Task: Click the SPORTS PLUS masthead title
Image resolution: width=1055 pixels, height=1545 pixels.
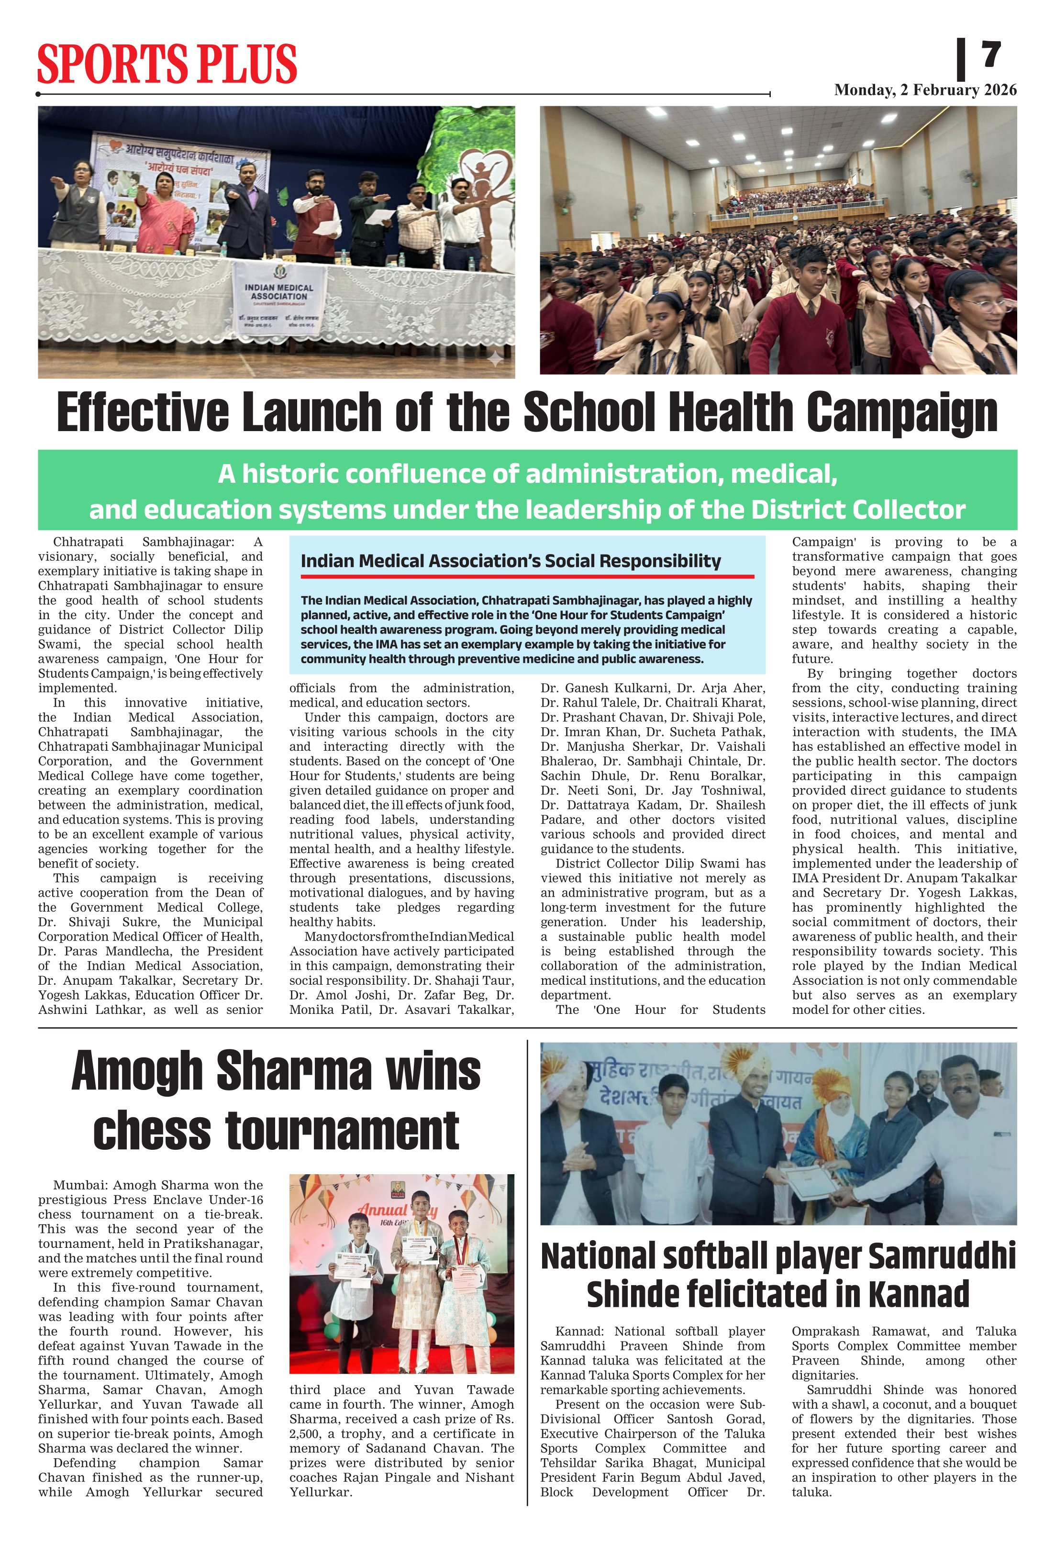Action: point(167,64)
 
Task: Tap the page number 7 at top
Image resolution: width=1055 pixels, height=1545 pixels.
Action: point(991,55)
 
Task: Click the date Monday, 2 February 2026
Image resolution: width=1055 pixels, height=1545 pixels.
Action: point(925,90)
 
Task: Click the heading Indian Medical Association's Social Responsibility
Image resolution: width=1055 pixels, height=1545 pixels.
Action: point(510,561)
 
